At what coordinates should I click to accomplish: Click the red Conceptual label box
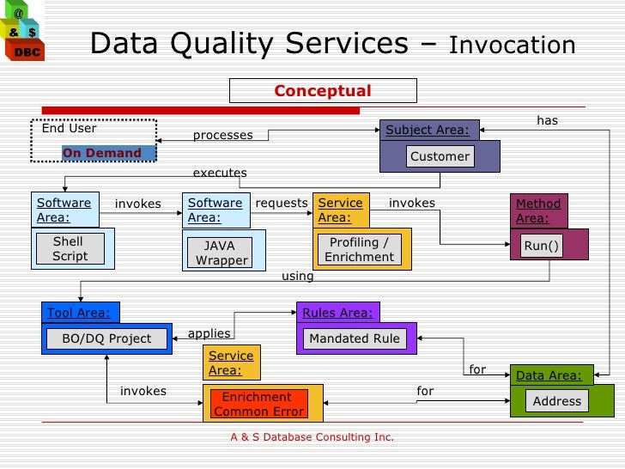coord(323,91)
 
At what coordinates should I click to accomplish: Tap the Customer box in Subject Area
coord(440,156)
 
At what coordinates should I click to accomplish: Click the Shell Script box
coord(70,249)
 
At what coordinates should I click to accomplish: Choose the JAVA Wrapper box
coord(221,253)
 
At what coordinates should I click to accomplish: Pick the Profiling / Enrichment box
coord(360,249)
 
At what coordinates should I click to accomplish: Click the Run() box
coord(542,247)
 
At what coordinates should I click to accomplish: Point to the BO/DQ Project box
coord(106,338)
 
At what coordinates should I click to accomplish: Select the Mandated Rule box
coord(355,338)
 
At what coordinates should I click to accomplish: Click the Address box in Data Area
coord(556,401)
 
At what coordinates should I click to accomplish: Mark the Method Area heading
coord(538,210)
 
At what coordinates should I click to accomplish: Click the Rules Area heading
coord(337,313)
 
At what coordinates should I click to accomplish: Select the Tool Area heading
coord(79,313)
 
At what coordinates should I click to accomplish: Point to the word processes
coord(222,135)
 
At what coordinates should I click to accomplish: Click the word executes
coord(220,173)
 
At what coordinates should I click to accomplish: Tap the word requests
coord(282,203)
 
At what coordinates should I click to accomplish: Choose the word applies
coord(209,333)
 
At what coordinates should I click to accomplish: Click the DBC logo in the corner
coord(21,32)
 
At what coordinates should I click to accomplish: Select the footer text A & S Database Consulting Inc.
coord(312,437)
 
